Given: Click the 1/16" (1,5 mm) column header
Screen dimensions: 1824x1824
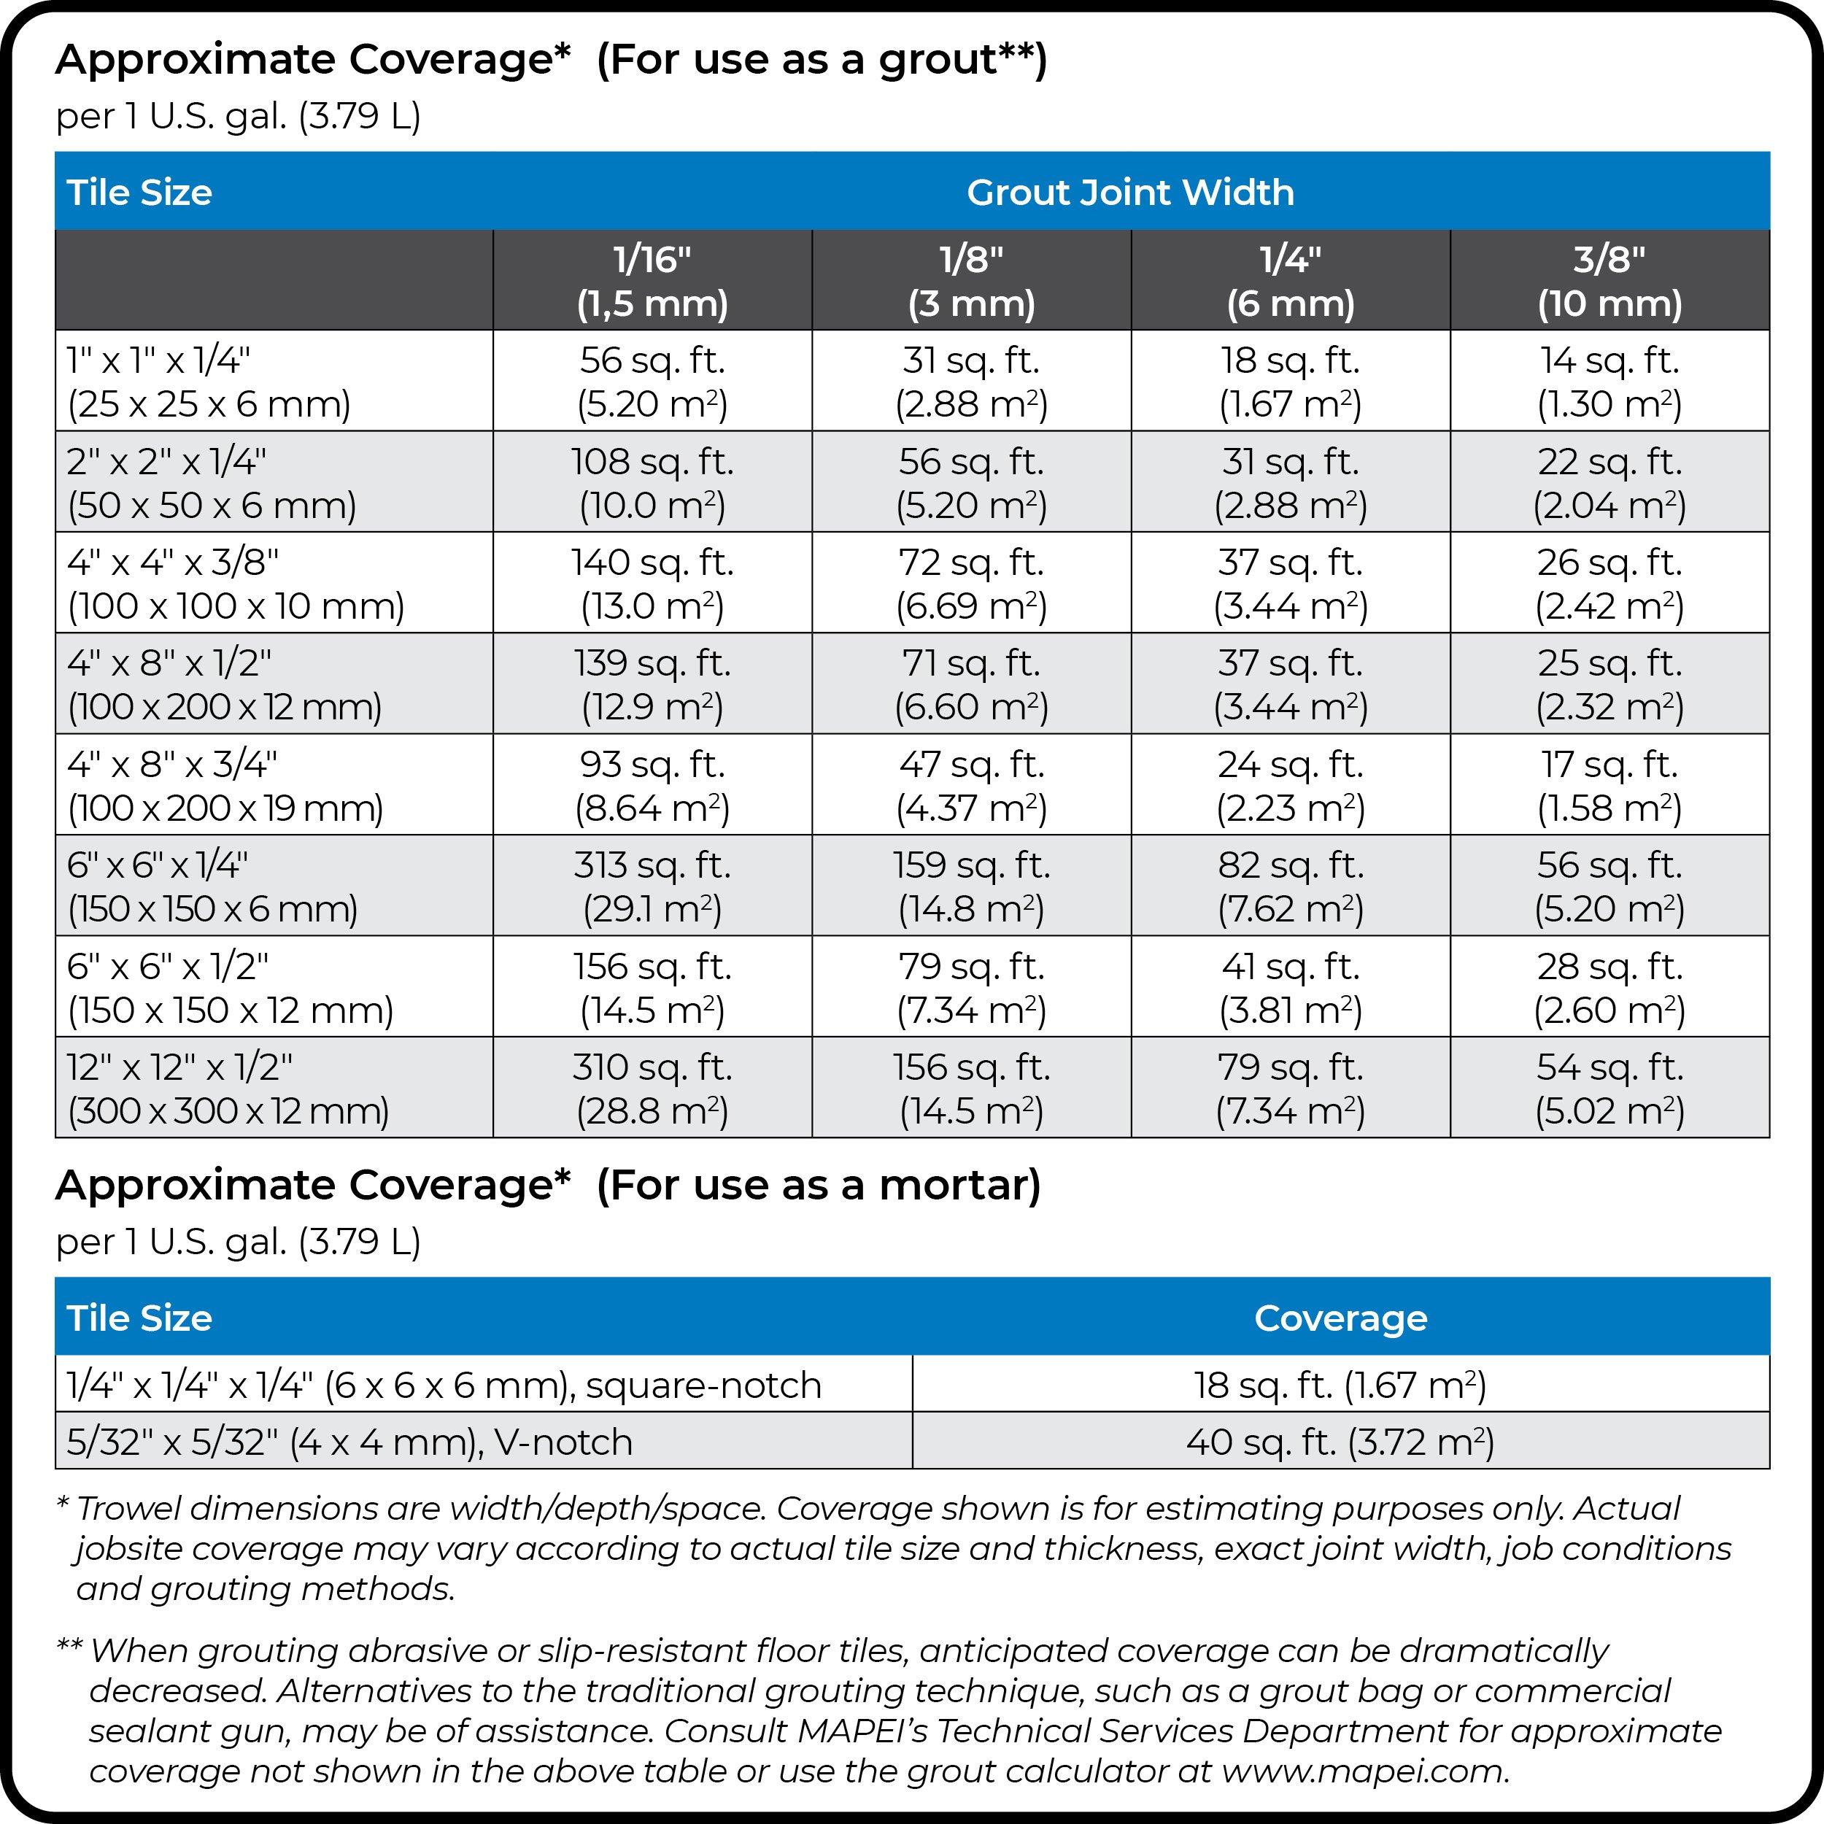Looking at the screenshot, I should pyautogui.click(x=652, y=280).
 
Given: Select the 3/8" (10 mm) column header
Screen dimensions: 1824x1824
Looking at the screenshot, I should pyautogui.click(x=1609, y=280).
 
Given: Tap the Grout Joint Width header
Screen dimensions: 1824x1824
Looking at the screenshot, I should pyautogui.click(x=1129, y=192).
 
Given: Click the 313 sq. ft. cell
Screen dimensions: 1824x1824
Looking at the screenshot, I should pyautogui.click(x=652, y=886).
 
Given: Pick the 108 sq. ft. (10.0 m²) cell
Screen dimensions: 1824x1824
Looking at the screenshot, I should pyautogui.click(x=652, y=482).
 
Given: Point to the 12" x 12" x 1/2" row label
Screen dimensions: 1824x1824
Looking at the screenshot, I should pyautogui.click(x=227, y=1088).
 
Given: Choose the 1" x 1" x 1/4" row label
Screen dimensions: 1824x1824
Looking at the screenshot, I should pyautogui.click(x=208, y=382).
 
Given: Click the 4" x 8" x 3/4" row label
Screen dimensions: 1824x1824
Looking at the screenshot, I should pyautogui.click(x=225, y=784).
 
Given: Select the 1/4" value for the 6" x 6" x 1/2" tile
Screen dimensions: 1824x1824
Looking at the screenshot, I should pyautogui.click(x=1290, y=986).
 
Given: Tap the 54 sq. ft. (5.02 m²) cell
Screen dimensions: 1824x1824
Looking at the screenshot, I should pyautogui.click(x=1609, y=1088).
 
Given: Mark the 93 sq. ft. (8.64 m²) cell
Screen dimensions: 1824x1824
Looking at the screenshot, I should pyautogui.click(x=652, y=784).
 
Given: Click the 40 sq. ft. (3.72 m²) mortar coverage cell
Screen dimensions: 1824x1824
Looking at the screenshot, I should pyautogui.click(x=1340, y=1442).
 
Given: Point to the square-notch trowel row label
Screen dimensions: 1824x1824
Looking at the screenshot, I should pyautogui.click(x=444, y=1385).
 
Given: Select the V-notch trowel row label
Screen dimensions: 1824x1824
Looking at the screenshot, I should pyautogui.click(x=349, y=1442).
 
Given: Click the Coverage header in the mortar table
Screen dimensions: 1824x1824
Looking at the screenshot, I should pyautogui.click(x=1340, y=1318).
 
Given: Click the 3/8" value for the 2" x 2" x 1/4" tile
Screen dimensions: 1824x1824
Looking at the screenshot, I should pyautogui.click(x=1609, y=482).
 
